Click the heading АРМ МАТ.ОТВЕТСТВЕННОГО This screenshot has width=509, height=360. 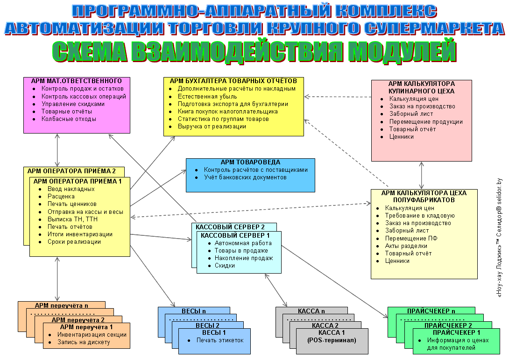77,81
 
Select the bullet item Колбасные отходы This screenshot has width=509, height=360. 69,119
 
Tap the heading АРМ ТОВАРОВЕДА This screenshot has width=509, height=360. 250,162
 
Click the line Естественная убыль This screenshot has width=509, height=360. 207,96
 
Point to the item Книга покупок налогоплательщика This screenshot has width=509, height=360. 227,111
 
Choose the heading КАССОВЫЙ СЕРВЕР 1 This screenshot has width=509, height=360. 235,235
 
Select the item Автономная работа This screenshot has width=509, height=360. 243,243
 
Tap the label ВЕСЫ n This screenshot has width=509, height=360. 194,311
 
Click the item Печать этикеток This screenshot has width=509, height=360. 219,340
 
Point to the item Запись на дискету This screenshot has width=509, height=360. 84,342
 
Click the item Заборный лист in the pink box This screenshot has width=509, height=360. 411,113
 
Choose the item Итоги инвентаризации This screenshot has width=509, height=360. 80,234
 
